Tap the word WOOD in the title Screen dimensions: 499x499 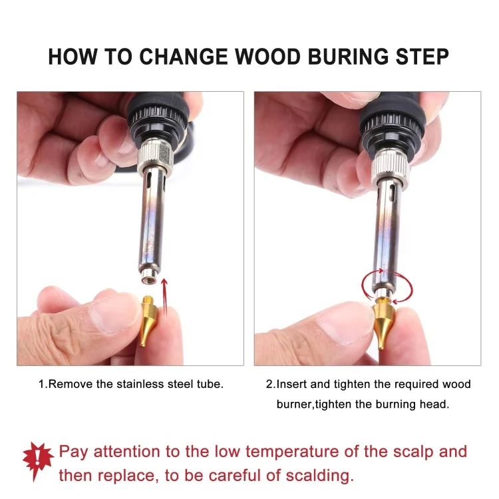tap(268, 57)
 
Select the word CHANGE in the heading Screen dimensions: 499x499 tap(183, 57)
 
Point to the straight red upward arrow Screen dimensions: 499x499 tap(164, 297)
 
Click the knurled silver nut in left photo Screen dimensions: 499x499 tap(155, 157)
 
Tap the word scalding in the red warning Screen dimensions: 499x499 tap(319, 476)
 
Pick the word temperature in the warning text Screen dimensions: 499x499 tap(291, 452)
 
